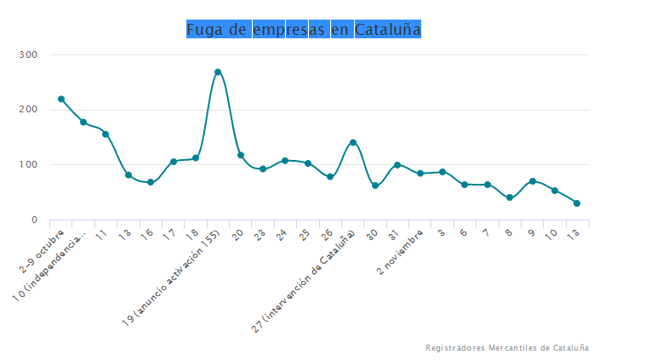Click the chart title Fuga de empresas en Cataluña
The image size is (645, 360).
pyautogui.click(x=304, y=30)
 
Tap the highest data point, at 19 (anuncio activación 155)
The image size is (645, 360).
pyautogui.click(x=218, y=72)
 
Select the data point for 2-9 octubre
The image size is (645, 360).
pyautogui.click(x=61, y=99)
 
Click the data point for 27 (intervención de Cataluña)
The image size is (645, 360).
pyautogui.click(x=353, y=142)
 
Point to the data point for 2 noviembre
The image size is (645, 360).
pyautogui.click(x=420, y=174)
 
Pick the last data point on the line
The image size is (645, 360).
pyautogui.click(x=577, y=203)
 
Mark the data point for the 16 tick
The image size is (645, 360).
pyautogui.click(x=151, y=182)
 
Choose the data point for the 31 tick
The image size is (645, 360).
pyautogui.click(x=397, y=164)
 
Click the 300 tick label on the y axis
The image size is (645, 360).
pyautogui.click(x=29, y=55)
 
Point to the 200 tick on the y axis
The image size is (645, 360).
pyautogui.click(x=29, y=110)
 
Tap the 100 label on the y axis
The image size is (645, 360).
pyautogui.click(x=29, y=165)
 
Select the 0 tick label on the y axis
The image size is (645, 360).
pyautogui.click(x=34, y=220)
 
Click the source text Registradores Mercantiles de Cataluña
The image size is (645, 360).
pyautogui.click(x=506, y=348)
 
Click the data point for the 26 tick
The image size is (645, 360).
pyautogui.click(x=330, y=177)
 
